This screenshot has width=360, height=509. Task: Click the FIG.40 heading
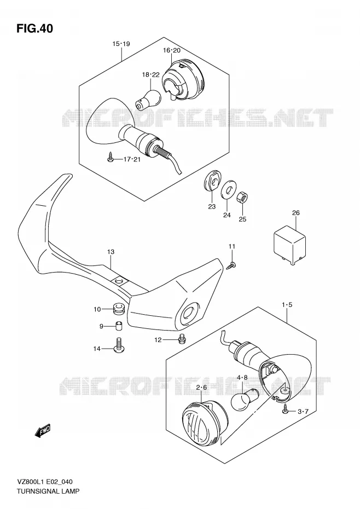tap(34, 28)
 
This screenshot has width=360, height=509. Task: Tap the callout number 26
tap(296, 213)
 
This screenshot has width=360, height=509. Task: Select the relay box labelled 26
tap(290, 247)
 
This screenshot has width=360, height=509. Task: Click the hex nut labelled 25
tap(242, 198)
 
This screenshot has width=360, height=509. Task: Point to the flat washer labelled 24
tap(229, 189)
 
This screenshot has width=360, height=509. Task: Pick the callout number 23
tap(212, 206)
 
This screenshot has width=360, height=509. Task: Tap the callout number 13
tap(111, 252)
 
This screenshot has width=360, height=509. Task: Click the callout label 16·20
tap(172, 50)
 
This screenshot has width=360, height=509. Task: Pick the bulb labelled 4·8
tap(244, 398)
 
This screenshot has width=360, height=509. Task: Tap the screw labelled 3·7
tap(286, 410)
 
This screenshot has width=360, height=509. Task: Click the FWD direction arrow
tap(43, 431)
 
